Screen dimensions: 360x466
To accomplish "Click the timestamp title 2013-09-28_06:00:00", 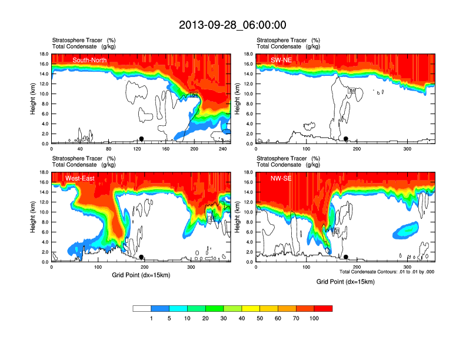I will click(x=232, y=25).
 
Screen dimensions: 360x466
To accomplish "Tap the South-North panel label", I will click(x=89, y=60).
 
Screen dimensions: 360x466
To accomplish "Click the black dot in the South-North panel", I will click(x=141, y=139).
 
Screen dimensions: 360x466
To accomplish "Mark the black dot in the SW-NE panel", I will click(x=346, y=139).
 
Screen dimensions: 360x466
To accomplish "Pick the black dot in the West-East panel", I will click(x=141, y=257).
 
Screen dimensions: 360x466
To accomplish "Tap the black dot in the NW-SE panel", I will click(x=346, y=257).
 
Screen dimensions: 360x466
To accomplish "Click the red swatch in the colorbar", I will click(x=323, y=308).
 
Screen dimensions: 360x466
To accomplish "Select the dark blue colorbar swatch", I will click(x=160, y=308).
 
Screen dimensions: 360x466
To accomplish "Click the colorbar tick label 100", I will click(x=314, y=318).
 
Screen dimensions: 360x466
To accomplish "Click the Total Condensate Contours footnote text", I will click(x=387, y=272).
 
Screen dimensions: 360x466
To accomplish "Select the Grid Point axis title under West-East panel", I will click(x=141, y=275).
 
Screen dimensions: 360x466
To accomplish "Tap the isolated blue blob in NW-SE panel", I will click(x=405, y=229).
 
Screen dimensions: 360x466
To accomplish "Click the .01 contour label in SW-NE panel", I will click(x=352, y=91).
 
